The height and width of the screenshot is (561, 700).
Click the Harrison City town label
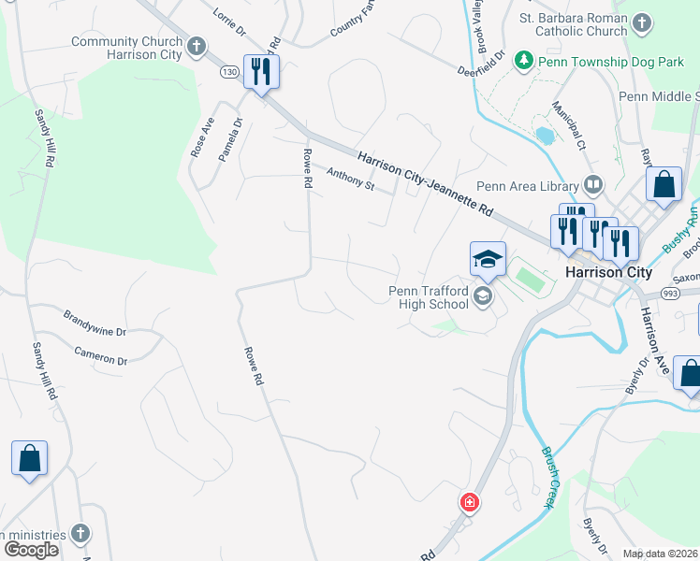(x=608, y=273)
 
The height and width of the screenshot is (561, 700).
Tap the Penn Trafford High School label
(x=429, y=297)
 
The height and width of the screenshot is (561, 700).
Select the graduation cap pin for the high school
(x=488, y=260)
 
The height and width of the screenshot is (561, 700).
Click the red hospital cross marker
(x=469, y=503)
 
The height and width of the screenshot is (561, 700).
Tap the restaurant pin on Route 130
(x=261, y=71)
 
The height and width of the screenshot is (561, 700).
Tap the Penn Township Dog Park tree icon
(x=525, y=61)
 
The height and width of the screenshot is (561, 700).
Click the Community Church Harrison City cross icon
(x=197, y=46)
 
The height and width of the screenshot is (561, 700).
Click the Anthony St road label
(x=350, y=177)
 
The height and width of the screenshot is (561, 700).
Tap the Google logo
(x=30, y=550)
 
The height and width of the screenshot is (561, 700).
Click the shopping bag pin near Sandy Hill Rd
(x=29, y=459)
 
